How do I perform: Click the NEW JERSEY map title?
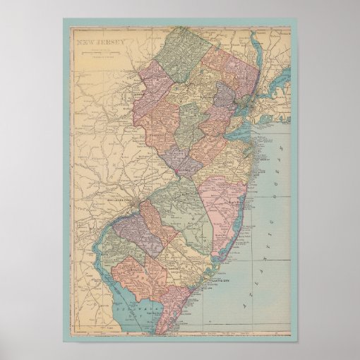point(102,42)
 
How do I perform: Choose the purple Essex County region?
point(224,93)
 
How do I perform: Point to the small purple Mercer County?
point(181,159)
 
